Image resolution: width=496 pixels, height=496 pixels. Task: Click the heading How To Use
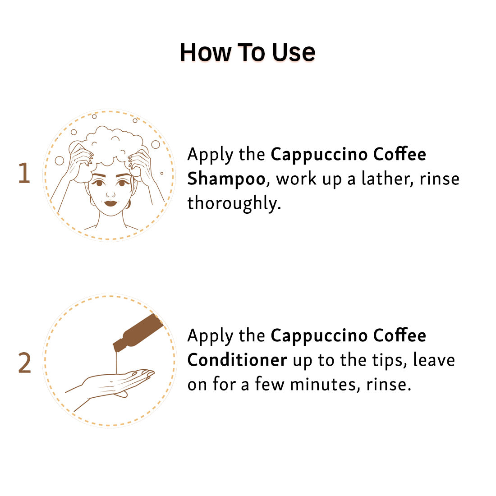248,52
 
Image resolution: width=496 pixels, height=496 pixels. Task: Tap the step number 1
24,173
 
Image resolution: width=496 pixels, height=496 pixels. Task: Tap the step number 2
24,363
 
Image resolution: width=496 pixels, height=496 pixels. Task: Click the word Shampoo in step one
226,179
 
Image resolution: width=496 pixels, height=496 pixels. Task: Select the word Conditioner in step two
237,360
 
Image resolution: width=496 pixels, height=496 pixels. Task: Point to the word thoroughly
234,203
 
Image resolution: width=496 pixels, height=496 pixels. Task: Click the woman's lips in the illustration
110,203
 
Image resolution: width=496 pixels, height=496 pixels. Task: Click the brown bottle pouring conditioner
138,333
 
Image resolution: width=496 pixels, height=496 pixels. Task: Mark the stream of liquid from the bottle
116,362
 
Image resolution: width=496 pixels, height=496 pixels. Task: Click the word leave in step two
434,360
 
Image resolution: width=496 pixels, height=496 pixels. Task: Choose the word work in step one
296,179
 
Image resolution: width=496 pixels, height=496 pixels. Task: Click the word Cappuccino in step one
319,155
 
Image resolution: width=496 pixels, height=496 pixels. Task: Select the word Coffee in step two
400,335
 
